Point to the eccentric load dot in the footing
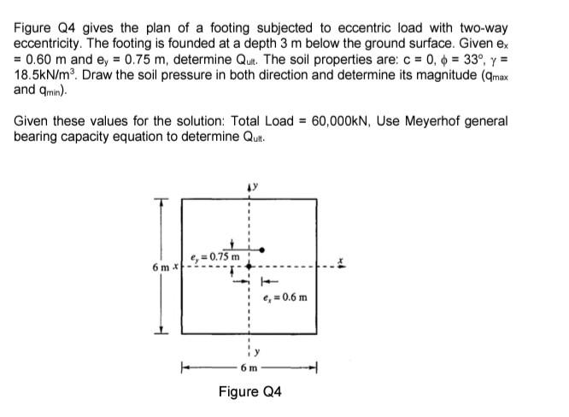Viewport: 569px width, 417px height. click(x=263, y=250)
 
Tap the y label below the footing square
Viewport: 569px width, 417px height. click(x=253, y=352)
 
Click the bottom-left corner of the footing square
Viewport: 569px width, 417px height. click(x=181, y=335)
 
